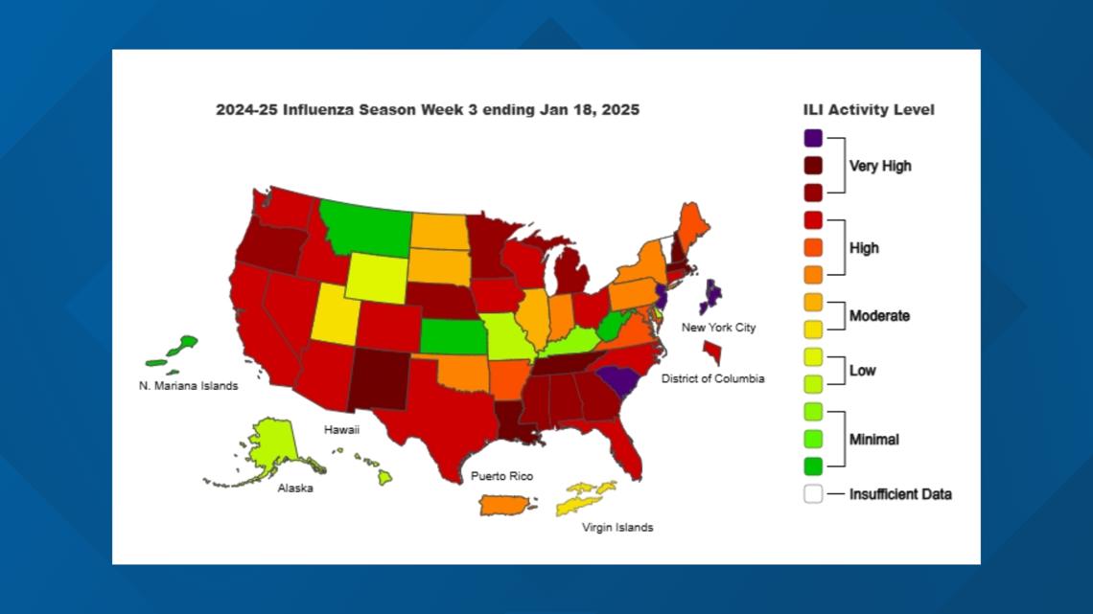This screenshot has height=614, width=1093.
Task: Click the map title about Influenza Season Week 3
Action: coord(428,110)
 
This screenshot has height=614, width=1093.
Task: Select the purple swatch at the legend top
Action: coord(813,138)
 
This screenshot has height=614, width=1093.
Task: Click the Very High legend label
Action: coord(880,166)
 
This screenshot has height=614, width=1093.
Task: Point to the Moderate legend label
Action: coord(879,315)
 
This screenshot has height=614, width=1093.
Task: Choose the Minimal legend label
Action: coord(873,440)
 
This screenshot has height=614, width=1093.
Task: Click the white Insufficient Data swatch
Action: coord(813,494)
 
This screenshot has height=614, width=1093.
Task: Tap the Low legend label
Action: coord(862,371)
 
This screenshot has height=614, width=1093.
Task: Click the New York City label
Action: coord(718,328)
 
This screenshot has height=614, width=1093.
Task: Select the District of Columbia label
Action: coord(712,379)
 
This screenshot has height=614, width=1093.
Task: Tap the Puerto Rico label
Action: coord(500,476)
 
